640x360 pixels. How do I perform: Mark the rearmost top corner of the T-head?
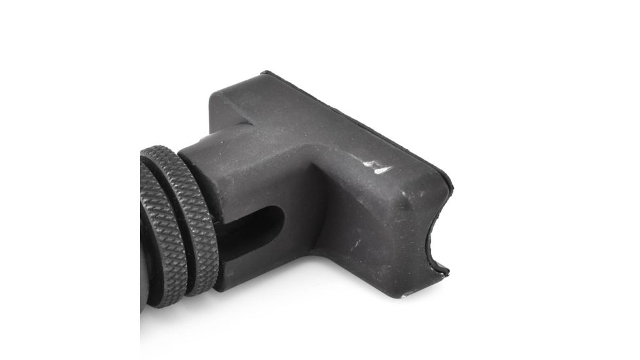(x=264, y=73)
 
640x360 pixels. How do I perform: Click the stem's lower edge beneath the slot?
(x=255, y=275)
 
